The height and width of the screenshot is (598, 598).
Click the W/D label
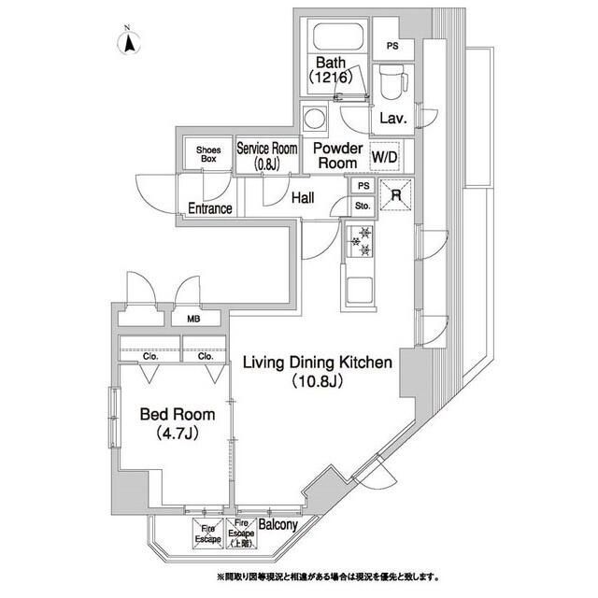(386, 156)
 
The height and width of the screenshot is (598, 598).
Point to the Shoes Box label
(206, 154)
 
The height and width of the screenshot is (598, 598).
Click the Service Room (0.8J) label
(266, 156)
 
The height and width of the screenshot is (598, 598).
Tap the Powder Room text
(336, 155)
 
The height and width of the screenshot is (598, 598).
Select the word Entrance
(210, 208)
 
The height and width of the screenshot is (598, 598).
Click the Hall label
(301, 198)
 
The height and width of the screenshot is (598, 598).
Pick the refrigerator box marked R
(395, 196)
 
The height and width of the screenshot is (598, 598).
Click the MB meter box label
(193, 319)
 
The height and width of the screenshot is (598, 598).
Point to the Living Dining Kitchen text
(318, 372)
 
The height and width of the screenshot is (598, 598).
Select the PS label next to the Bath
(392, 46)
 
